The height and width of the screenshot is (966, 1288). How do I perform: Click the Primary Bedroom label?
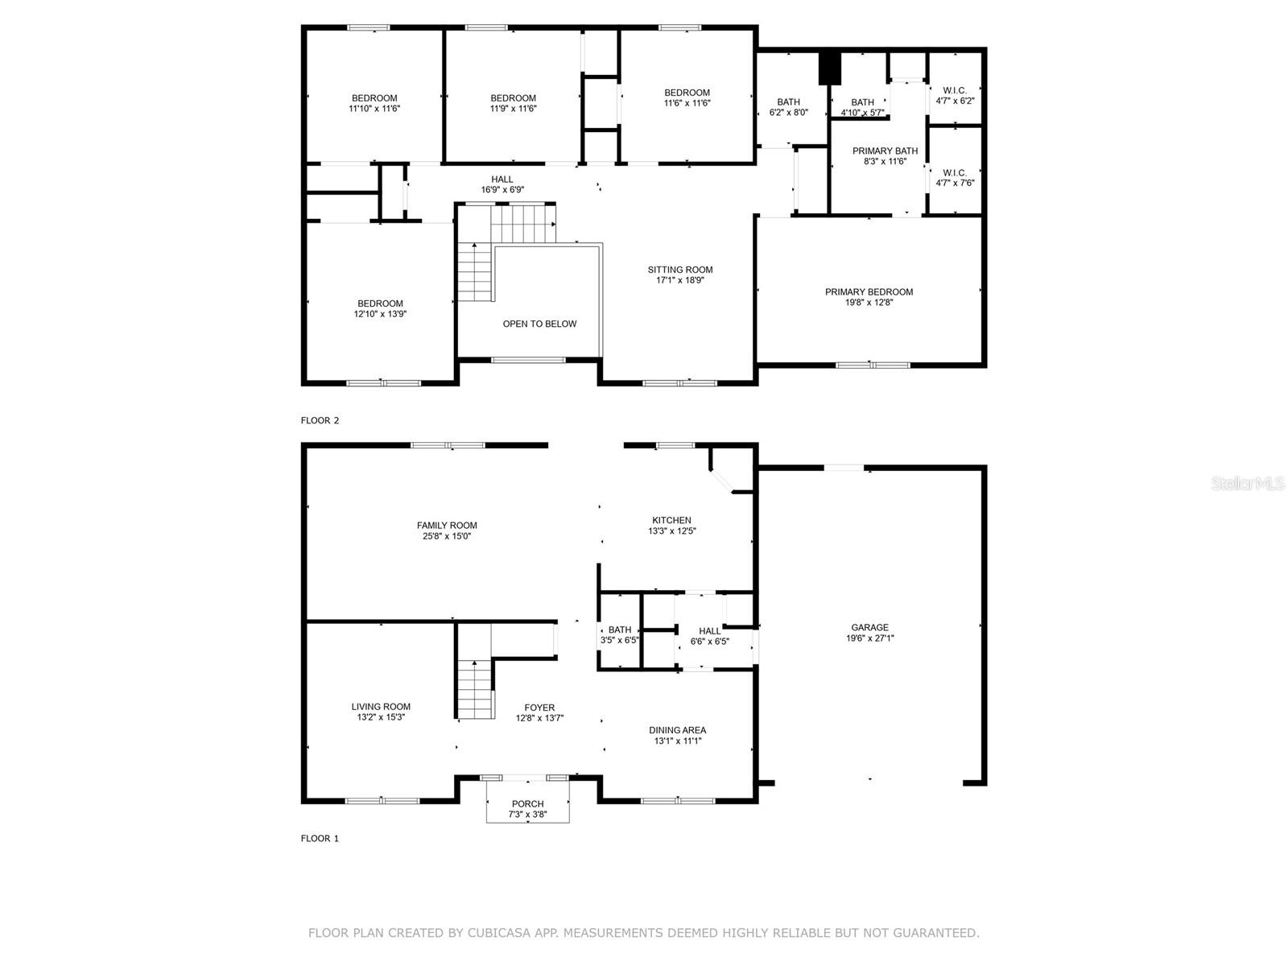point(869,292)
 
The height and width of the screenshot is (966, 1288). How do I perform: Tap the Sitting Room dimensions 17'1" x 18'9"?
point(679,280)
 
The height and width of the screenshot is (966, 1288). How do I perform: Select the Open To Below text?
point(539,324)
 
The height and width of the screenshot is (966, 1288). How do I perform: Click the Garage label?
point(869,628)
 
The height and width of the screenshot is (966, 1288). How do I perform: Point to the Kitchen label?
point(671,520)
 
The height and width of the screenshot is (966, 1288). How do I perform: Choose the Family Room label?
point(447,526)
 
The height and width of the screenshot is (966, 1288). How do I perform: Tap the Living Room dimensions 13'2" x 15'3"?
point(381,716)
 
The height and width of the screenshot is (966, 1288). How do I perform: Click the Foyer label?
point(539,708)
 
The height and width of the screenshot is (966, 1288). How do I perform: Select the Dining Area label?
point(677,730)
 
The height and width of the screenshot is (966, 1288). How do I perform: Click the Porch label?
point(527,804)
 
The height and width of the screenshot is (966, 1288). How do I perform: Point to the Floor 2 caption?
point(320,420)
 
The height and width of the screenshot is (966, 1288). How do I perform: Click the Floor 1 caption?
point(320,839)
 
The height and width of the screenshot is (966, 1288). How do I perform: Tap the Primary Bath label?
point(885,151)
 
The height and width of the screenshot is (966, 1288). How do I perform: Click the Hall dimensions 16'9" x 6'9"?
point(502,190)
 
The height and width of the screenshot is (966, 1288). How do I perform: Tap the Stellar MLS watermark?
point(1248,483)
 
